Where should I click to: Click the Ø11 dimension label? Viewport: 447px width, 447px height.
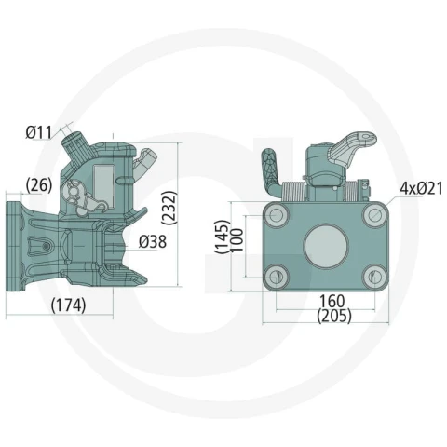39,132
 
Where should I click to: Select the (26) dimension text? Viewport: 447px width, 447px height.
39,185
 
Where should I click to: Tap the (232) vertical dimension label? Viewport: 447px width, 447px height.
169,208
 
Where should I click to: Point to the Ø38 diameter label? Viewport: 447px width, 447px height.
153,241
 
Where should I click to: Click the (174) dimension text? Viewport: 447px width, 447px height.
68,305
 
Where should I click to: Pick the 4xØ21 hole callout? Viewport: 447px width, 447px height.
421,188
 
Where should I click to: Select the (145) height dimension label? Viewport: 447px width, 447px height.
223,237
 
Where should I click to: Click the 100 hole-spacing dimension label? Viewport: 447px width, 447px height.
237,241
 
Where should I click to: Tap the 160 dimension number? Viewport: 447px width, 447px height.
332,301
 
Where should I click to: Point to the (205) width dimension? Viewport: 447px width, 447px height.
334,316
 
